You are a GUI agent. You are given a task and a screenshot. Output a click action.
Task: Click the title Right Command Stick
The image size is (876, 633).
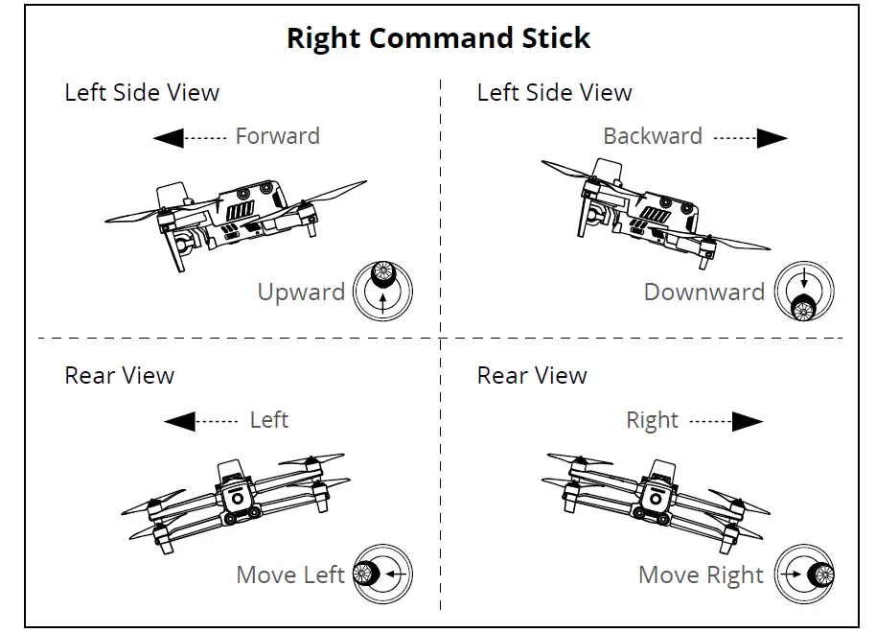click(438, 38)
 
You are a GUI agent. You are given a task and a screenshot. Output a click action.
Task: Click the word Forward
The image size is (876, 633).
click(277, 136)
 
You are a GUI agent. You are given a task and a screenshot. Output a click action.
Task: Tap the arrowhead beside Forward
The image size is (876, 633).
click(169, 139)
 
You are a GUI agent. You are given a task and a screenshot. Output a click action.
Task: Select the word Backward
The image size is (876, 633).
click(652, 136)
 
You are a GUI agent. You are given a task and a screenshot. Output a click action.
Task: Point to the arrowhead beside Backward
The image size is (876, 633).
click(772, 139)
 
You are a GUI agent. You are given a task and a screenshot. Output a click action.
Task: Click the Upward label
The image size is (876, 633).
click(301, 292)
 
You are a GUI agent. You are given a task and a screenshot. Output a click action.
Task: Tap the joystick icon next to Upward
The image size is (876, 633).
click(383, 291)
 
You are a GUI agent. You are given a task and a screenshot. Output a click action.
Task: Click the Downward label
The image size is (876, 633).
click(703, 292)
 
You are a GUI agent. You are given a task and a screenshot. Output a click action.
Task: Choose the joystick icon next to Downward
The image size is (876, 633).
click(804, 292)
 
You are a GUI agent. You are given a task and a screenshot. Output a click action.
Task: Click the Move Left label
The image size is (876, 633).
click(290, 574)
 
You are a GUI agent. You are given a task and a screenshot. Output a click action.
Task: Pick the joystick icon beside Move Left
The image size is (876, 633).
click(383, 574)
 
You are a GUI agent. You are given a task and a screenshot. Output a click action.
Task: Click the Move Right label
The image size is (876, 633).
click(701, 574)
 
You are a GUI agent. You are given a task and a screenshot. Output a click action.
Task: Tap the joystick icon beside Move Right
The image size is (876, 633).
click(804, 574)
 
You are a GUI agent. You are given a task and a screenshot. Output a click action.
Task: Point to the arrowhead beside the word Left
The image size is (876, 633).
click(179, 421)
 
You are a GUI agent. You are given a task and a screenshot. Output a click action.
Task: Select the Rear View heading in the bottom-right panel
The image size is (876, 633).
click(532, 375)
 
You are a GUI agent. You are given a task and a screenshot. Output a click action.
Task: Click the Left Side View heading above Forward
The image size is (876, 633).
click(142, 93)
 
